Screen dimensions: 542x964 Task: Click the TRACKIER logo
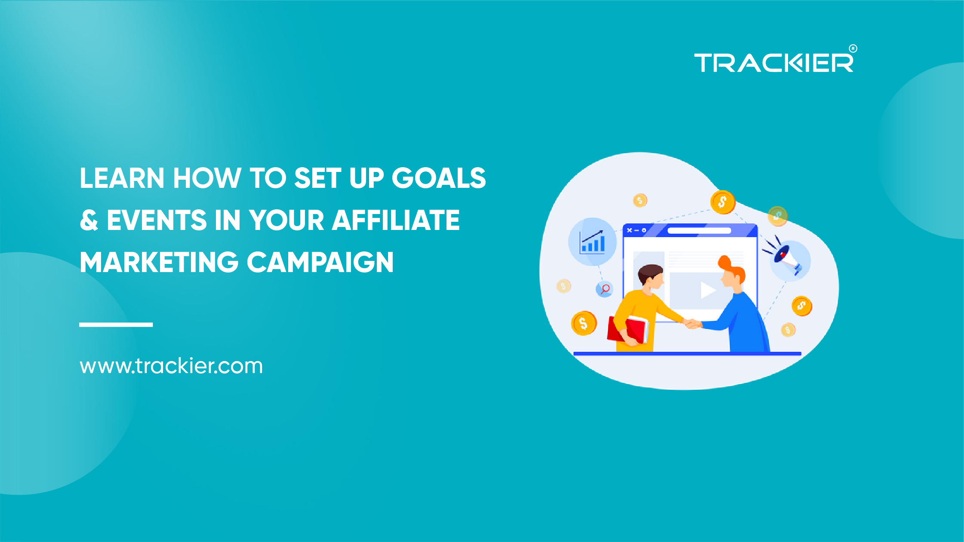pyautogui.click(x=773, y=63)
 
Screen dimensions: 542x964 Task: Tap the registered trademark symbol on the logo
pyautogui.click(x=853, y=49)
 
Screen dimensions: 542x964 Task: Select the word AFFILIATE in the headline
pyautogui.click(x=396, y=220)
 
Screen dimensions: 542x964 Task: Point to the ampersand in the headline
pyautogui.click(x=89, y=220)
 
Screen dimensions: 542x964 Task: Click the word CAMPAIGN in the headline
pyautogui.click(x=320, y=262)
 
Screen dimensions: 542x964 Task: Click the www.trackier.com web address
pyautogui.click(x=171, y=366)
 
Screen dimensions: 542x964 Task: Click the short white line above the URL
pyautogui.click(x=116, y=325)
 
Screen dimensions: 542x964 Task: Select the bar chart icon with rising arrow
pyautogui.click(x=592, y=242)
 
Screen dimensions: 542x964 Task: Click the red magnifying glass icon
pyautogui.click(x=605, y=289)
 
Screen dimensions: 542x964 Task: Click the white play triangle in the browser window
pyautogui.click(x=707, y=290)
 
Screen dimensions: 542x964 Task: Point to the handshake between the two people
pyautogui.click(x=692, y=323)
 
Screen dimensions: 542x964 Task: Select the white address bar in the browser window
pyautogui.click(x=699, y=231)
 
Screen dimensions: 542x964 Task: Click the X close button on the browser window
pyautogui.click(x=629, y=230)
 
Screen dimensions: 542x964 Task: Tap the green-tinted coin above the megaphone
pyautogui.click(x=778, y=215)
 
